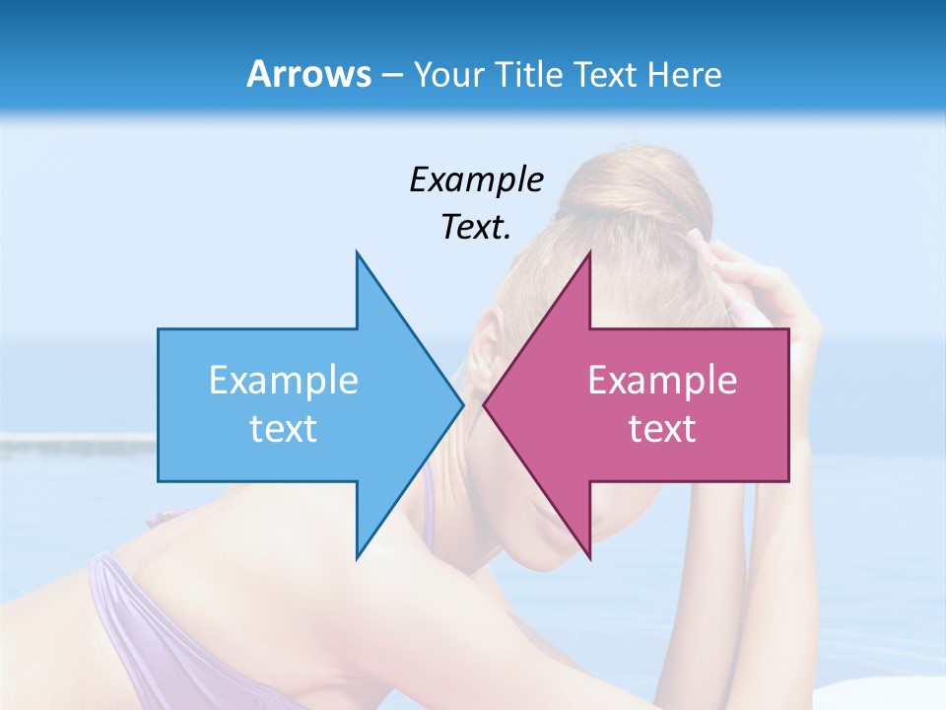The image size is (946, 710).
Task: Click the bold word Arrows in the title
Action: point(308,74)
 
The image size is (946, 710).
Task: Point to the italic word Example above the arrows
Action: point(476,179)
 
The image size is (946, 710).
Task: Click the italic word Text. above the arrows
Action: point(476,227)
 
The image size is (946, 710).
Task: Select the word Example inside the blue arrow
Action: point(284,380)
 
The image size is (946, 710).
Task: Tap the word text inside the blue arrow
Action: point(284,428)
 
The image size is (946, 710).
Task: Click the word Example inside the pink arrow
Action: point(662,380)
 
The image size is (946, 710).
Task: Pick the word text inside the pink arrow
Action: point(662,428)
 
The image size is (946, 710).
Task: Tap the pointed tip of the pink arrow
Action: point(485,404)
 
